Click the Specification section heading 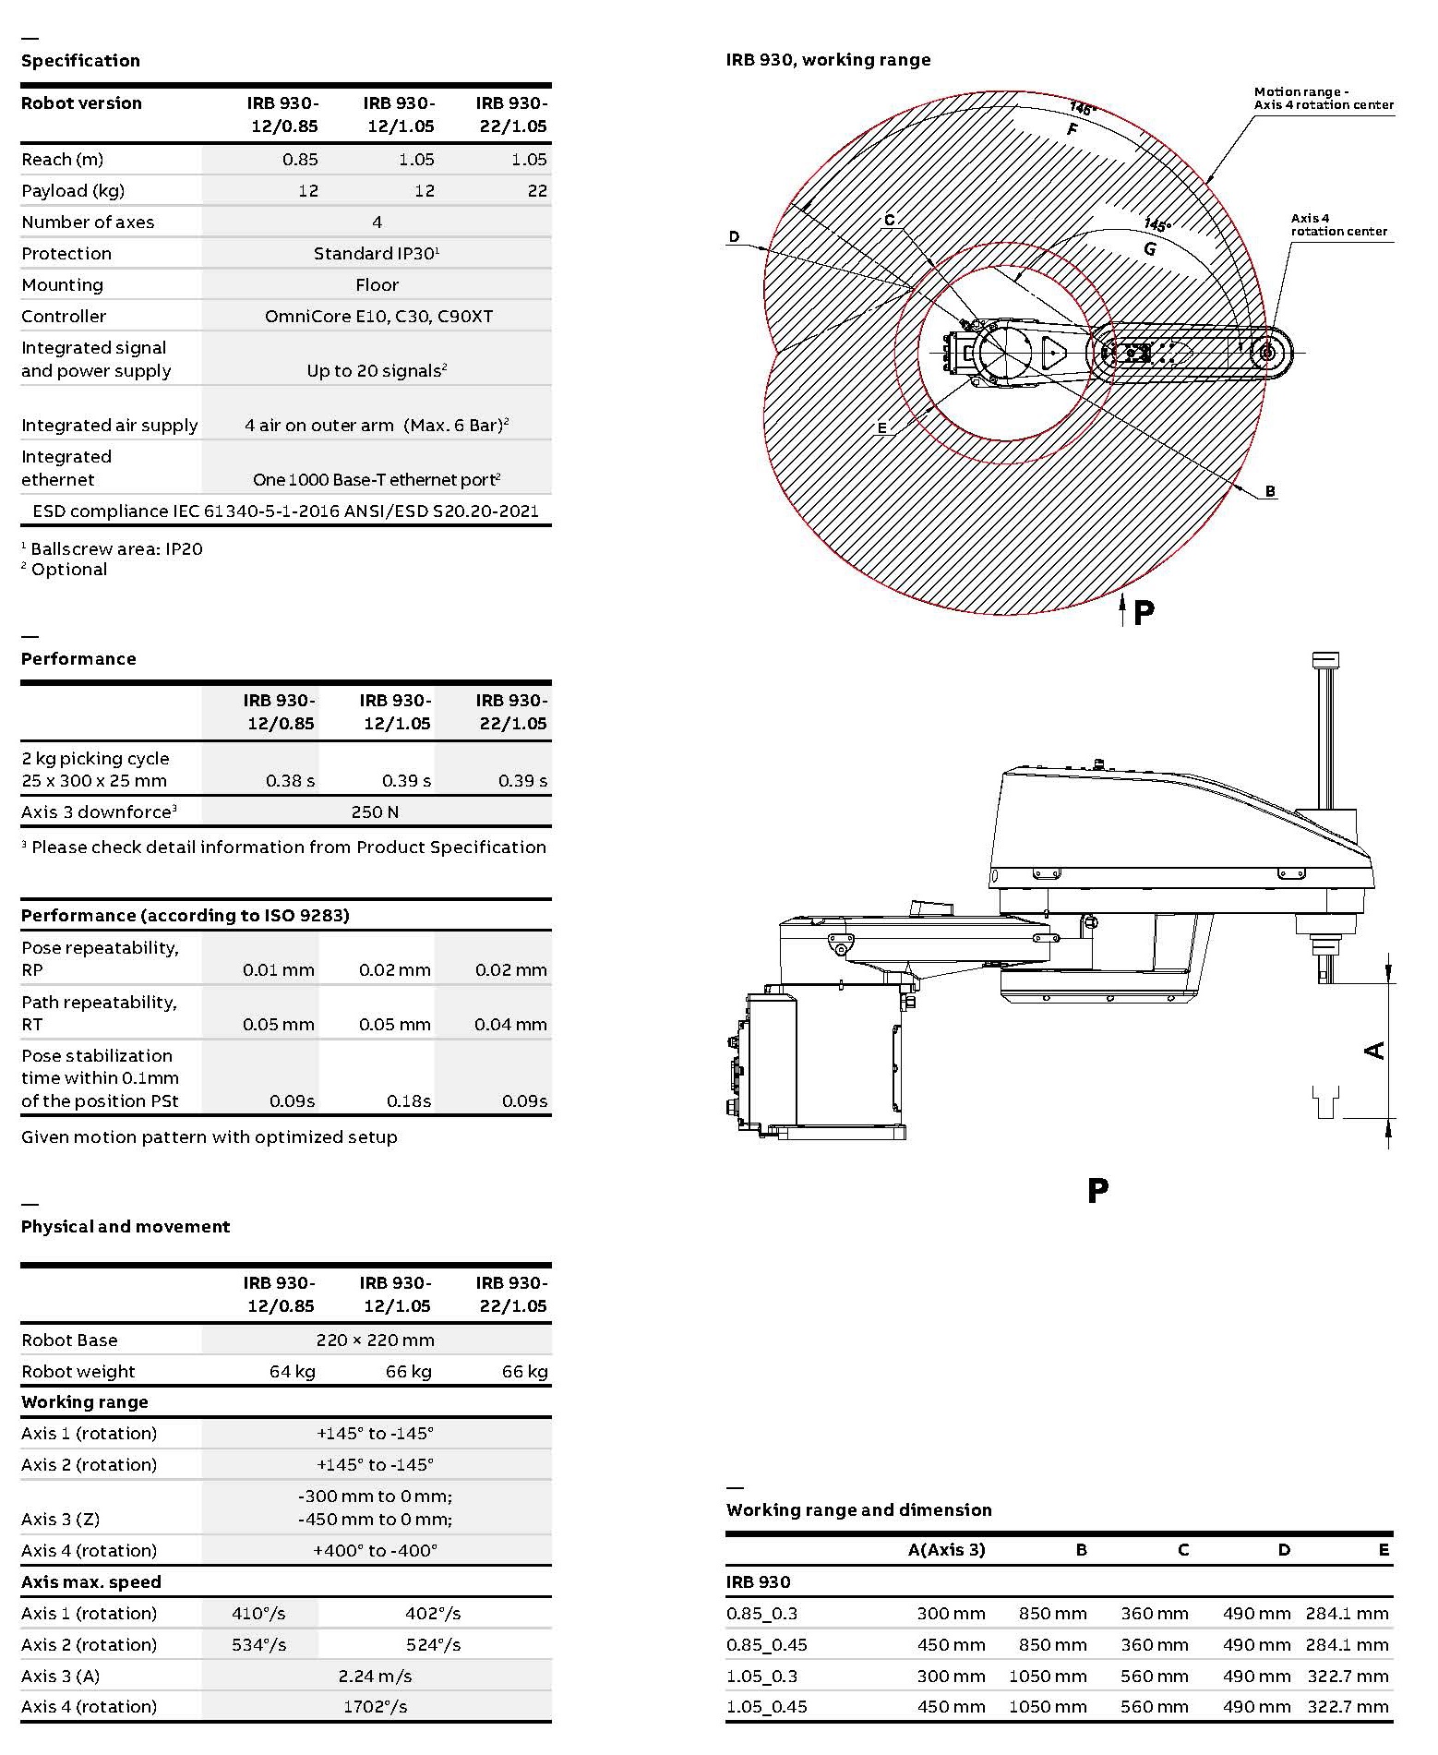pyautogui.click(x=80, y=61)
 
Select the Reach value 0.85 pyautogui.click(x=300, y=160)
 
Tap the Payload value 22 pyautogui.click(x=537, y=191)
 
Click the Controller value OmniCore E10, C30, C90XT pyautogui.click(x=378, y=317)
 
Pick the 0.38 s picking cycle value pyautogui.click(x=290, y=781)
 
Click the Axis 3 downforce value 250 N pyautogui.click(x=375, y=812)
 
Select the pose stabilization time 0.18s pyautogui.click(x=408, y=1101)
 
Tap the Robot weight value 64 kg pyautogui.click(x=292, y=1372)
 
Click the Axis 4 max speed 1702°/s pyautogui.click(x=375, y=1707)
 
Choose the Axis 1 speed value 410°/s pyautogui.click(x=258, y=1614)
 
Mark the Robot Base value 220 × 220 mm pyautogui.click(x=375, y=1340)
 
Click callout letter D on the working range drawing pyautogui.click(x=734, y=237)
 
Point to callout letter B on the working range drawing pyautogui.click(x=1270, y=491)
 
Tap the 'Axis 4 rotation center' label pyautogui.click(x=1337, y=225)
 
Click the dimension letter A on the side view pyautogui.click(x=1374, y=1051)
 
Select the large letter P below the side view pyautogui.click(x=1097, y=1191)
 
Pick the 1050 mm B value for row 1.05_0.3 pyautogui.click(x=1047, y=1677)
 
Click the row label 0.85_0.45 pyautogui.click(x=766, y=1645)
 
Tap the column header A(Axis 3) pyautogui.click(x=946, y=1550)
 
